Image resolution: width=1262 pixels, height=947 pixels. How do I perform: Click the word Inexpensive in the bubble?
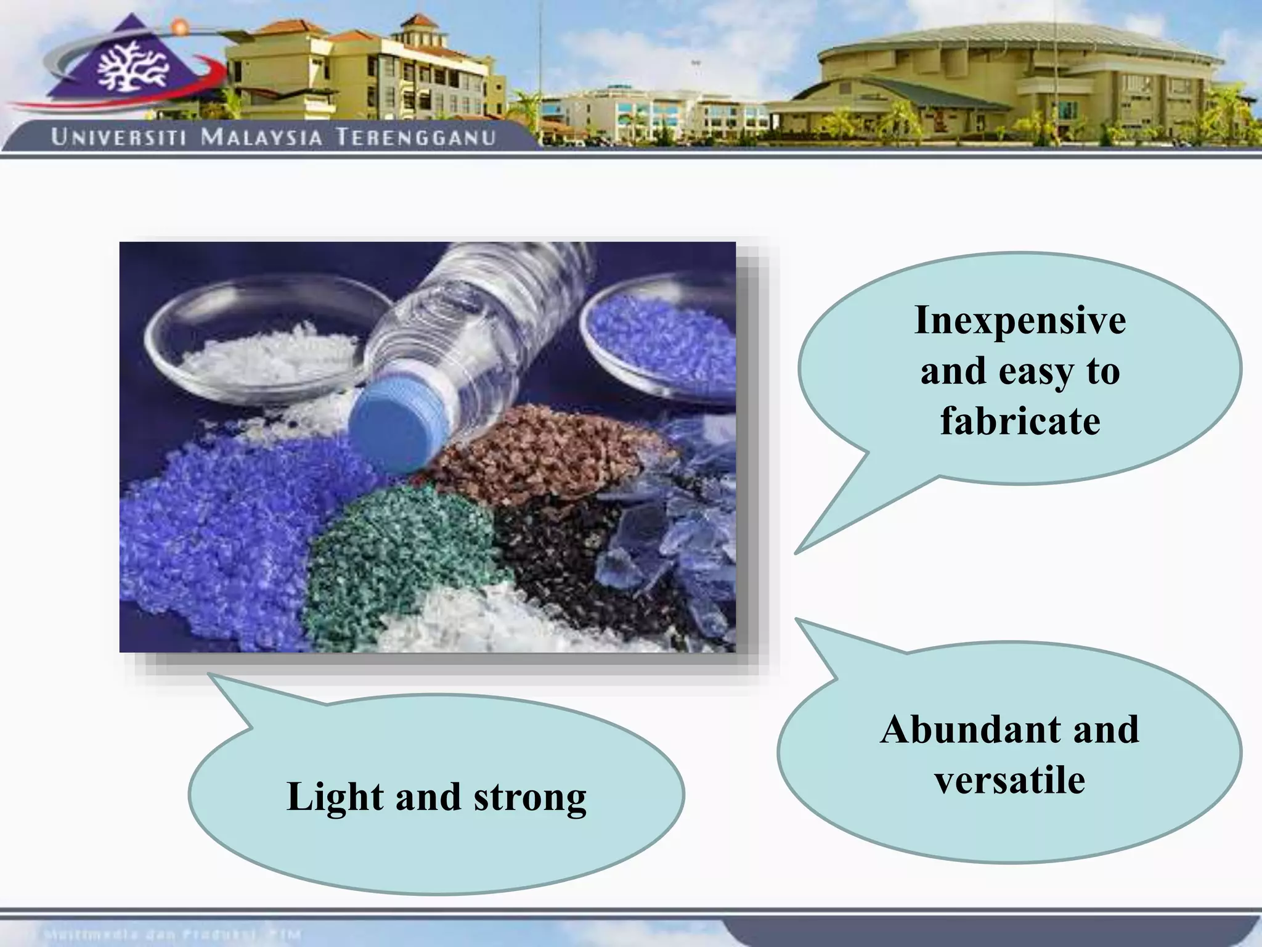coord(1020,321)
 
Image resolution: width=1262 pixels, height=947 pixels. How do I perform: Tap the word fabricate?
coord(1020,421)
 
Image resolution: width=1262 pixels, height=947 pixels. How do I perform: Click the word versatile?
coord(1009,781)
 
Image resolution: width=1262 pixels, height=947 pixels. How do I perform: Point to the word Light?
coord(335,797)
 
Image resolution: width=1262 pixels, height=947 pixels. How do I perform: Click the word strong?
coord(530,798)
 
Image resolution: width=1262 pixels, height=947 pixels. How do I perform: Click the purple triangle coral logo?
coord(132,65)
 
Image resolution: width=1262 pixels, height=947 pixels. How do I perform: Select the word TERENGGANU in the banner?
coord(416,137)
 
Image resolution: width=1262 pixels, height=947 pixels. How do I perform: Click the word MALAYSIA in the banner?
coord(262,137)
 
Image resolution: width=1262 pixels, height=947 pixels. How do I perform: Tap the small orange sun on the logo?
coord(179,27)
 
